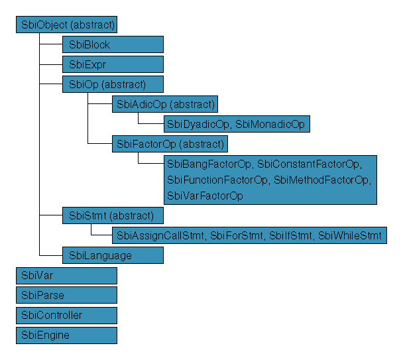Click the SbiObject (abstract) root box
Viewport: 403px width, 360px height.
coord(66,25)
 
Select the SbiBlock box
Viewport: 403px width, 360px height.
coord(113,45)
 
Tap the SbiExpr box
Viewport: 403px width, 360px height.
coord(113,64)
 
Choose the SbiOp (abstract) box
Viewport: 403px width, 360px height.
coord(113,84)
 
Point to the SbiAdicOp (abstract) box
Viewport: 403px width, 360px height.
coord(165,104)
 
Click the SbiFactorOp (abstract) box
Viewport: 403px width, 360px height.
coord(170,143)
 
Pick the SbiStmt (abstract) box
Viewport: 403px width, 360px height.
coord(113,215)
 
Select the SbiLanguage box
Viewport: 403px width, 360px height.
coord(113,255)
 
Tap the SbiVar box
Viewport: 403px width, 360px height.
coord(66,275)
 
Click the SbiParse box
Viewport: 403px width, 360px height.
coord(66,295)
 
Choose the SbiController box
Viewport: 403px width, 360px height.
coord(66,315)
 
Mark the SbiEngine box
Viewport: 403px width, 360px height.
coord(66,335)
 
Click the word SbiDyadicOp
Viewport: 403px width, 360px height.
coord(198,123)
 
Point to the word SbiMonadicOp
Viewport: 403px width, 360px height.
coord(270,123)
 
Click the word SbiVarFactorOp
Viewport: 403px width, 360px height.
coord(205,196)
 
